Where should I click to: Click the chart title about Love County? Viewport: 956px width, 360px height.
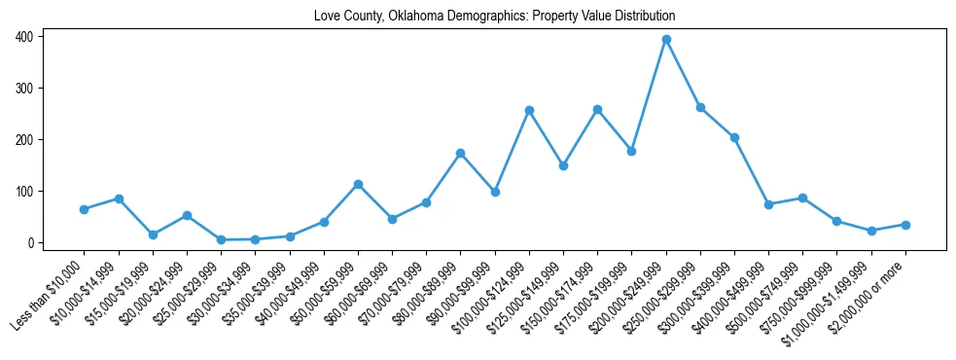click(494, 17)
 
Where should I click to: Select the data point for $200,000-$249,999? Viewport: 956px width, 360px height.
click(666, 40)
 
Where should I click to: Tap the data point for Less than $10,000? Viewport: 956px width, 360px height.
click(85, 209)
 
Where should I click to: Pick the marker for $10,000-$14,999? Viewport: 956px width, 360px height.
click(119, 198)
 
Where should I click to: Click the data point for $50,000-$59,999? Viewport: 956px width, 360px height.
click(358, 184)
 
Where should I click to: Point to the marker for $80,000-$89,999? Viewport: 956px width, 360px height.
click(461, 154)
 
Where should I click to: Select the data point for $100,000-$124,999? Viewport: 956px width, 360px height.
click(529, 111)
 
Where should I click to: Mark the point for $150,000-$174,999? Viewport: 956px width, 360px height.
click(597, 110)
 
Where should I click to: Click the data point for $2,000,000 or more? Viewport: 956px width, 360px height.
click(905, 225)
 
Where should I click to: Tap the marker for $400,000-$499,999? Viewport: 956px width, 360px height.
click(768, 204)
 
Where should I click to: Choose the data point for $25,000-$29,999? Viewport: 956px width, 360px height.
click(221, 239)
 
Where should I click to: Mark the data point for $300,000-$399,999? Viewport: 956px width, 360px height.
click(734, 138)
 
